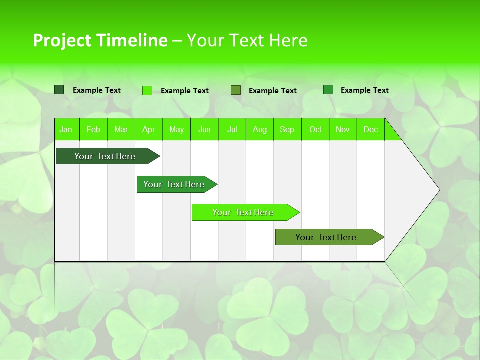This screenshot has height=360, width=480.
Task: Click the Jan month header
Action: point(66,129)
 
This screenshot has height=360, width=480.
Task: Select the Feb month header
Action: point(93,129)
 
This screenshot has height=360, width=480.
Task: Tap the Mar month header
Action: point(121,129)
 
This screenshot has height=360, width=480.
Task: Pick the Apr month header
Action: point(149,129)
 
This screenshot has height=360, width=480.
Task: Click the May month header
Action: point(176,129)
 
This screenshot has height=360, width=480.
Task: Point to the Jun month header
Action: point(204,129)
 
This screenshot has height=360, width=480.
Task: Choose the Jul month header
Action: point(232,129)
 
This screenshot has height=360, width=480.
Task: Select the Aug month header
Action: point(260,129)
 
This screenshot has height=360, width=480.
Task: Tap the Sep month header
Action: point(287,129)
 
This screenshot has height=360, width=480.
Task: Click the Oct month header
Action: point(315,129)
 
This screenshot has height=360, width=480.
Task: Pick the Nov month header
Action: point(343,129)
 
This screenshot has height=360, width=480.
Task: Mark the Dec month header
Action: point(371,129)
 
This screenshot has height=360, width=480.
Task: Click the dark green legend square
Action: point(59,90)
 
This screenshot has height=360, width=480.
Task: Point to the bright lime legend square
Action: point(147,90)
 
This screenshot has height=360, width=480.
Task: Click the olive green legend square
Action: point(236,90)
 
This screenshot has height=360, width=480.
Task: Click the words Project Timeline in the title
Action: point(100,40)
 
